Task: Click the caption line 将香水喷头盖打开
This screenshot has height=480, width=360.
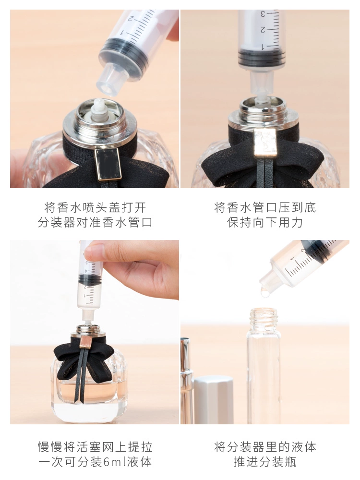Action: (x=95, y=207)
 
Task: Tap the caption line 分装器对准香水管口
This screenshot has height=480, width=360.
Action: (x=95, y=223)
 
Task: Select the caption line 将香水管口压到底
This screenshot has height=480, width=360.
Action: (x=265, y=207)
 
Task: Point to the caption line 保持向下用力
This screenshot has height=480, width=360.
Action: (x=265, y=223)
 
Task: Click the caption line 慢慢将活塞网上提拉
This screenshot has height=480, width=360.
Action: (x=95, y=447)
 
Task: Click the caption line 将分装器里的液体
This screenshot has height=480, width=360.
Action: (x=265, y=447)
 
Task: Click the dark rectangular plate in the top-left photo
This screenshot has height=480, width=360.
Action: (x=108, y=165)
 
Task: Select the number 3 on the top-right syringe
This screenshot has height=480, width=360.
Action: (x=263, y=14)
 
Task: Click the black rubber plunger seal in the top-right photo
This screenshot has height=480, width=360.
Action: (x=262, y=58)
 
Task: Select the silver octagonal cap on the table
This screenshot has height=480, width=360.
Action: (x=214, y=399)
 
